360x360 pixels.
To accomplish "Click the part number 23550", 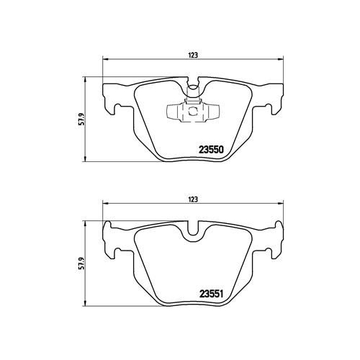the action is pos(211,150).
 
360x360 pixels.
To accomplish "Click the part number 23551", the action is pos(211,294).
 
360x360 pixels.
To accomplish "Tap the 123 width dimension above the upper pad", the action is pos(193,55).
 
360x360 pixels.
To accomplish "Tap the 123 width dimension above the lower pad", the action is pos(193,199).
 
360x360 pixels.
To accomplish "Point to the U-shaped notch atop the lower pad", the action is pos(193,228).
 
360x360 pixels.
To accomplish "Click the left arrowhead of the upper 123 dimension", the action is pos(106,59).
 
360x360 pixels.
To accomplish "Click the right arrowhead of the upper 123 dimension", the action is pos(280,59).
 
